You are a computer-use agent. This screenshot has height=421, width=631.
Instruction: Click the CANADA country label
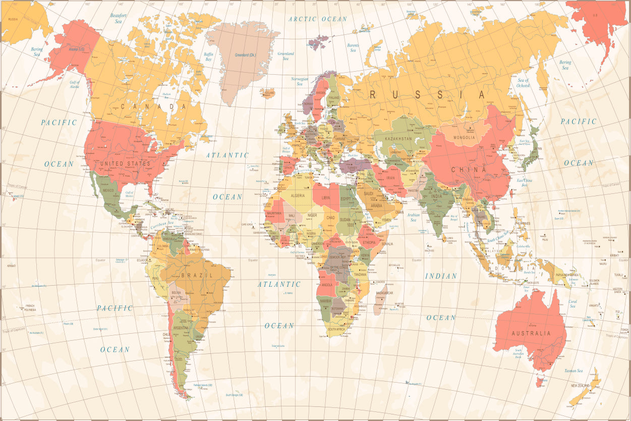point(149,107)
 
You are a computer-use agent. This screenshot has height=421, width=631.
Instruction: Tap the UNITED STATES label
point(126,164)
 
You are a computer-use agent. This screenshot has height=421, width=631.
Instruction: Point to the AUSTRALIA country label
point(531,333)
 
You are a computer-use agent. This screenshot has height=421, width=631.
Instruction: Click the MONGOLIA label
point(464,137)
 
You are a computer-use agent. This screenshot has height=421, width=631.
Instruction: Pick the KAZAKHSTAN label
point(398,138)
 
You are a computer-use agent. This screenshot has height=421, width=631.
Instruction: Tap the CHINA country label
point(469,170)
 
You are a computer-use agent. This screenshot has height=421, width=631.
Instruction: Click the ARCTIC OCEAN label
point(318,19)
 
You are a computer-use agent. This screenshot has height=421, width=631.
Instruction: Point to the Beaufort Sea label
point(118,18)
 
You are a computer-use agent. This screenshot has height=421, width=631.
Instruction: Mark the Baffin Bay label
point(209,57)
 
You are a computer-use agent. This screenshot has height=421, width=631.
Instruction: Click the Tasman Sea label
point(573,371)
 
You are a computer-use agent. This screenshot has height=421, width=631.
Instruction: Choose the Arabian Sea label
point(413,217)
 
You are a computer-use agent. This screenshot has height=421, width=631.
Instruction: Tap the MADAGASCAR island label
point(384,293)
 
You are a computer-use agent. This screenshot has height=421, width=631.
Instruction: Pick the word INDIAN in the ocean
point(441,276)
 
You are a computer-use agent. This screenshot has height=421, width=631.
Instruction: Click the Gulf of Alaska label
point(75,84)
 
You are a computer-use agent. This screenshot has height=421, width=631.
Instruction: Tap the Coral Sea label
point(572,303)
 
